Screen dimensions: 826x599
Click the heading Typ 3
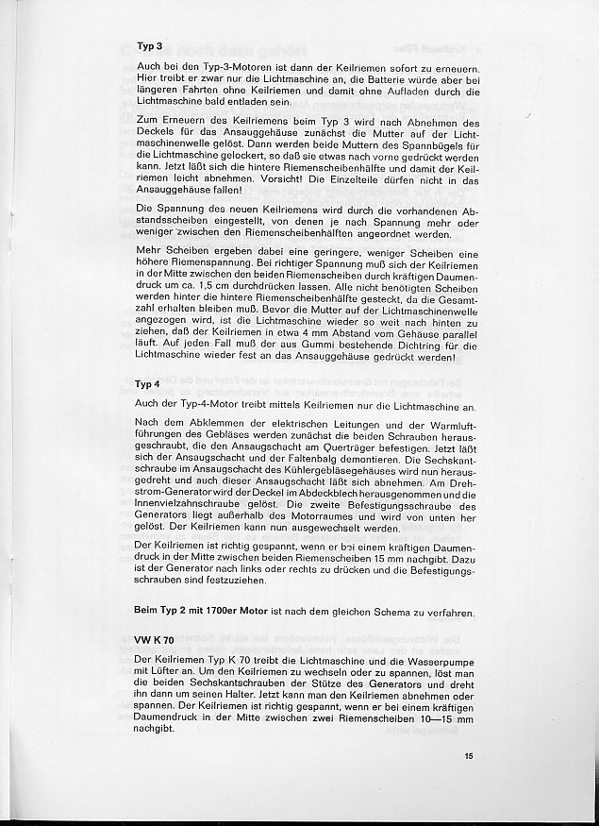click(150, 45)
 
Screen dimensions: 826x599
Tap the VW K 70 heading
click(153, 640)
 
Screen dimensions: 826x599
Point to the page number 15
click(469, 755)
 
